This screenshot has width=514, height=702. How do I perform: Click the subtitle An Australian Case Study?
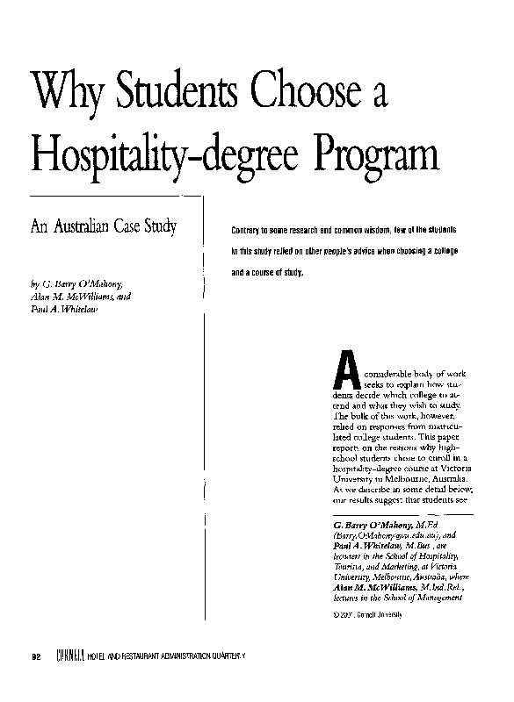104,228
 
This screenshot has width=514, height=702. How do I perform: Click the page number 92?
36,657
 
